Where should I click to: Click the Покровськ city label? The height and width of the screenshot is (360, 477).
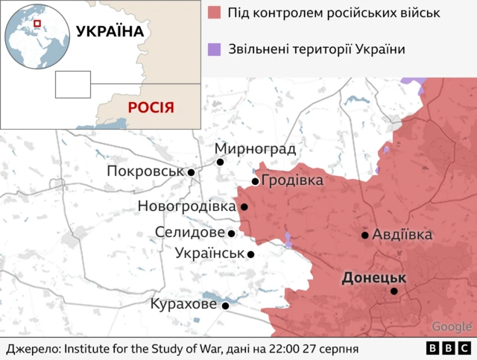coord(145,171)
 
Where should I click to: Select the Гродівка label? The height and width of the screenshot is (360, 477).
coord(293,181)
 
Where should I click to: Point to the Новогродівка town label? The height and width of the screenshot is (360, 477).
coord(186,206)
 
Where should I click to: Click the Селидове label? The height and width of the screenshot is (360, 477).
coord(190,233)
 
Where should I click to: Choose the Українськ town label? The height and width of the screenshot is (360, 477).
coord(209,253)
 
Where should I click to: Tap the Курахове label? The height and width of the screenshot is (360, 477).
coord(183,304)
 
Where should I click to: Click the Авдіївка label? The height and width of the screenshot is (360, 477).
coord(402,234)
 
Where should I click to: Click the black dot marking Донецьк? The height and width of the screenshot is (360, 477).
coord(394,291)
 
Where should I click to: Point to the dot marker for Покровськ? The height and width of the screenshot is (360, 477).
coord(192,172)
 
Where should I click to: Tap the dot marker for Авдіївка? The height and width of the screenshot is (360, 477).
coord(365,235)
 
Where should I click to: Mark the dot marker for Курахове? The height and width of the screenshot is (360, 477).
coord(225,305)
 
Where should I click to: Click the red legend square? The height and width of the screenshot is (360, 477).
coord(215,13)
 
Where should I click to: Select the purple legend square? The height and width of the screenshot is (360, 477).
coord(215,50)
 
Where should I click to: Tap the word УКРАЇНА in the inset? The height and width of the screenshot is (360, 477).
coord(110,31)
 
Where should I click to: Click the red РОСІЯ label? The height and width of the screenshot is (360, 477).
coord(151,107)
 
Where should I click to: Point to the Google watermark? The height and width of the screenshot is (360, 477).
coord(452,326)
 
